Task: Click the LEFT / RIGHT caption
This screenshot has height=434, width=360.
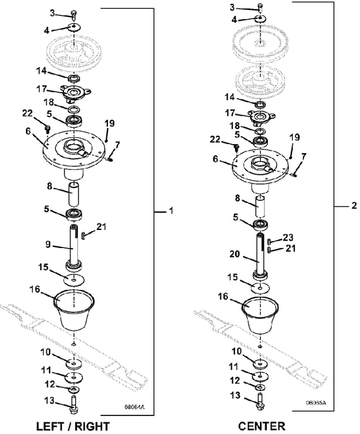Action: coord(72,426)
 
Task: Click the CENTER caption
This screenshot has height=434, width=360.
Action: coord(261,426)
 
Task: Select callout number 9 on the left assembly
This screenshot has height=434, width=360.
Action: coord(49,245)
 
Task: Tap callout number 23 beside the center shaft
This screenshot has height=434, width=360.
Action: coord(289,238)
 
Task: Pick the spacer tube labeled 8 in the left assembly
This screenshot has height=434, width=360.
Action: coord(75,194)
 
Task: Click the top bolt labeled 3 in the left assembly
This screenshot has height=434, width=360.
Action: coord(75,14)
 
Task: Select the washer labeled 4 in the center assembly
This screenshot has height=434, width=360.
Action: coord(260,19)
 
